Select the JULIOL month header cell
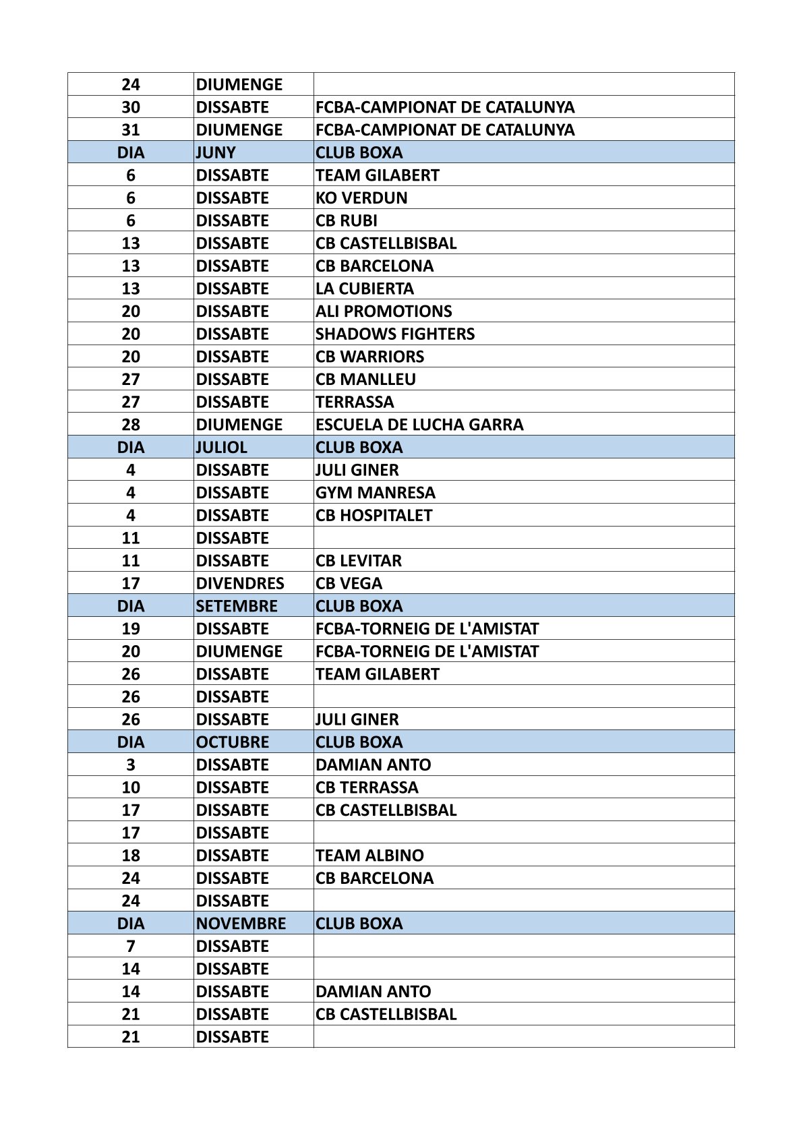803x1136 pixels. coord(221,447)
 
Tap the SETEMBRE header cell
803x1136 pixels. coord(236,605)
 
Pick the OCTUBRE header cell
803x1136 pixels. coord(232,742)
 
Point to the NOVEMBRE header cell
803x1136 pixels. coord(241,923)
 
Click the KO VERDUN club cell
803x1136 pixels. coord(361,198)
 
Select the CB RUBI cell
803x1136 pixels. coord(347,220)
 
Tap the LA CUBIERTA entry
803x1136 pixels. coord(365,289)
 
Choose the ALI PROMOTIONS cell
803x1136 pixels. coord(384,311)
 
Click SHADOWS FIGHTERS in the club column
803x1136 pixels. coord(395,334)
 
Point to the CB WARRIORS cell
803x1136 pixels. coord(370,357)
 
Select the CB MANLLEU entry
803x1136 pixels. coord(365,379)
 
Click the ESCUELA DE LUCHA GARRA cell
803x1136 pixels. coord(419,425)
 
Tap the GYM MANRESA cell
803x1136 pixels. coord(376,492)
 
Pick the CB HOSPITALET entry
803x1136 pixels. coord(374,515)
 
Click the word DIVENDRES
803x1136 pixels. coord(240,583)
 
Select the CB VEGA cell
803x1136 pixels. coord(349,583)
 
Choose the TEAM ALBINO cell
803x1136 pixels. coord(369,856)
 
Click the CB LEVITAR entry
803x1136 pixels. coord(358,560)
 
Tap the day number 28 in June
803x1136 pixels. coord(131,425)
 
